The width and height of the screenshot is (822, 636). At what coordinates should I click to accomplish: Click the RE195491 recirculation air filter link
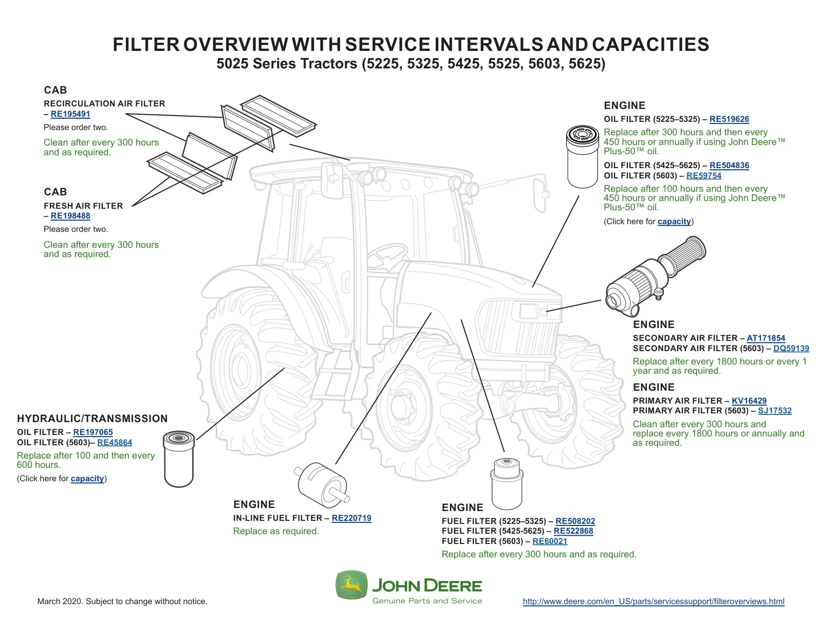click(70, 114)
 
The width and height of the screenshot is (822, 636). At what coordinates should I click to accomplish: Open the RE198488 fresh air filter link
click(70, 216)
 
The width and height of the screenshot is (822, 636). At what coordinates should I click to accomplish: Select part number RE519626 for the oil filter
click(729, 119)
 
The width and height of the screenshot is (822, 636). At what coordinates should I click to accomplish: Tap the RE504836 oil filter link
click(729, 166)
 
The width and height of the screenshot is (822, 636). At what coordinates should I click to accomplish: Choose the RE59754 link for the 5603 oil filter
click(704, 176)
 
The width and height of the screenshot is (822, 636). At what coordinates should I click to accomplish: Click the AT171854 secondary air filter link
click(765, 338)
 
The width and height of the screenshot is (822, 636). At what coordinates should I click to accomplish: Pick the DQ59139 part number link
click(791, 348)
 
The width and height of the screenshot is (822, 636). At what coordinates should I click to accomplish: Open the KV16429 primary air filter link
click(749, 401)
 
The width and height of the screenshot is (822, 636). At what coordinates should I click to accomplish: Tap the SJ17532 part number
click(774, 411)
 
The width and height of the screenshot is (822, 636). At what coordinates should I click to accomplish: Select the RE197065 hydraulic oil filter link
click(92, 432)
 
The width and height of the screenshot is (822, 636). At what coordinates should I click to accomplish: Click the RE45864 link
click(115, 443)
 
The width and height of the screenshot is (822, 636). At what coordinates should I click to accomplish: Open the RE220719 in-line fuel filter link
click(351, 518)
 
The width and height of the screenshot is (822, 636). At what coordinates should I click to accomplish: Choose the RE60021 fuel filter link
click(550, 541)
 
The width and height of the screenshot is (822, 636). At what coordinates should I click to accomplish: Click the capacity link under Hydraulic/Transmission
click(87, 479)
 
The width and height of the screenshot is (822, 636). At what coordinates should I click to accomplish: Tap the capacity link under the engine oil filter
click(674, 222)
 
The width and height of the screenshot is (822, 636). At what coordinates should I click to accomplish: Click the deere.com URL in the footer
click(653, 602)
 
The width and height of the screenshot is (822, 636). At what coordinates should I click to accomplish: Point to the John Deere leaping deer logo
click(351, 585)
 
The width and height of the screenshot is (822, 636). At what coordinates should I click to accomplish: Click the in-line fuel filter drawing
click(322, 484)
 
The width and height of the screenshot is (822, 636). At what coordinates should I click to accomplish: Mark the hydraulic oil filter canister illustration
click(179, 459)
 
